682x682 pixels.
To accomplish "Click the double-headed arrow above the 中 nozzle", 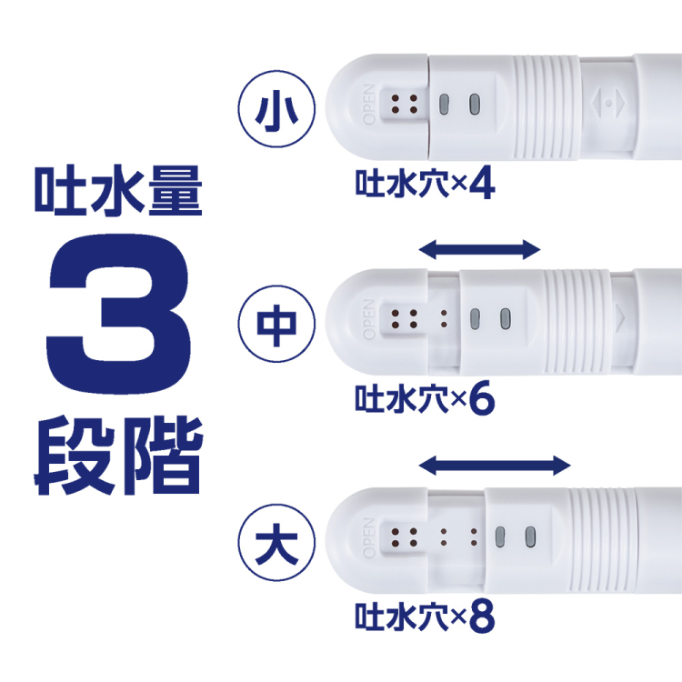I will [x=480, y=249].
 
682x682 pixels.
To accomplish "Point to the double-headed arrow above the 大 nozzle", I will [x=495, y=466].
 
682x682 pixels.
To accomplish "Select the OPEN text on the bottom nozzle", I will [x=369, y=536].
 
